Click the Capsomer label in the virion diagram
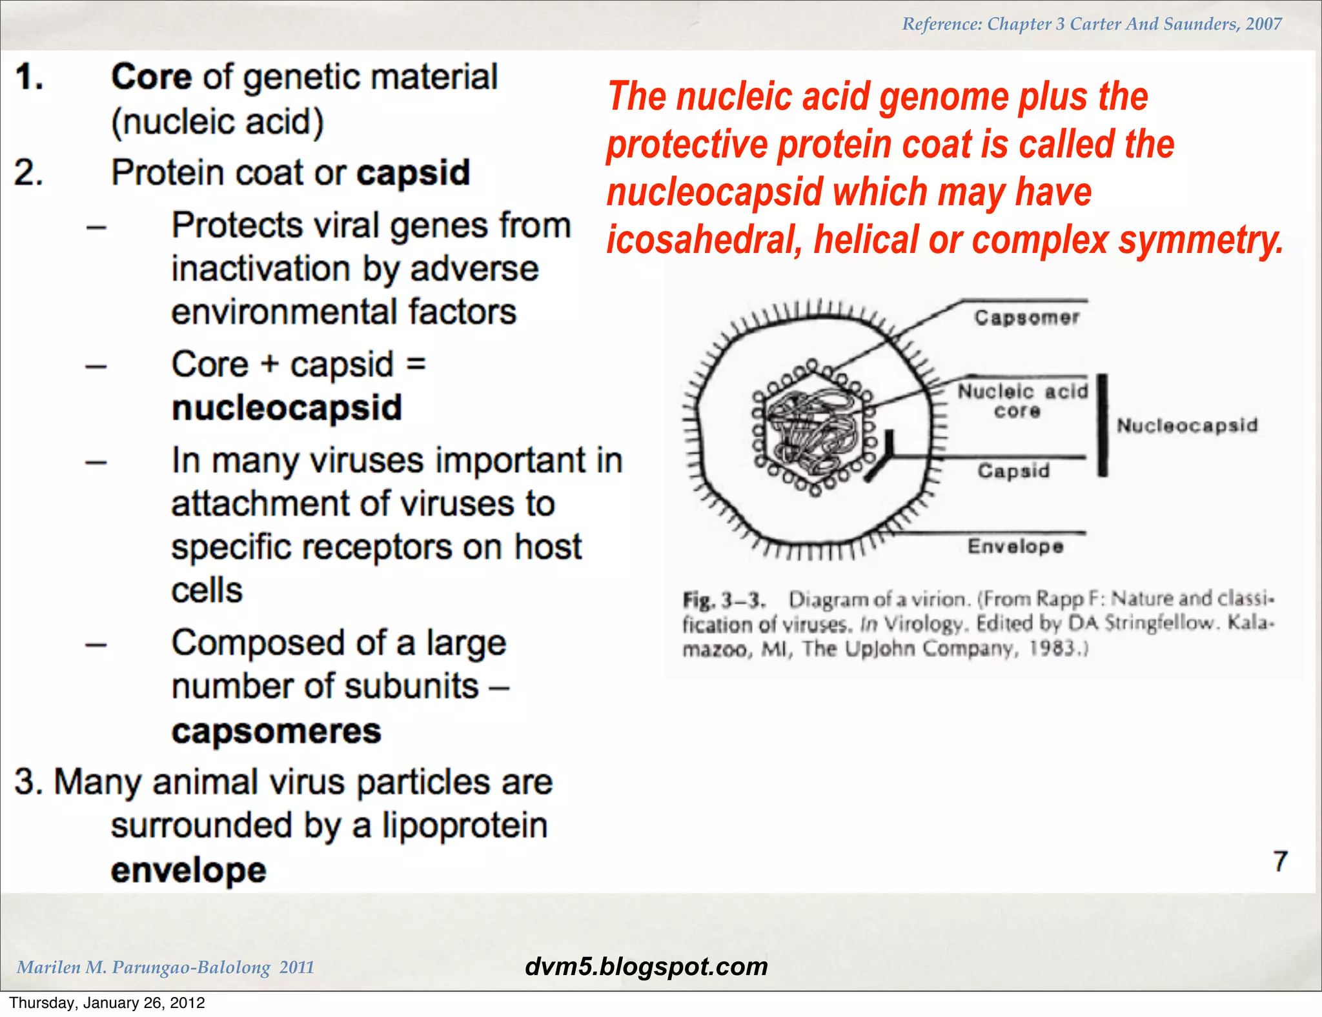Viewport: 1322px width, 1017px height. pos(1026,317)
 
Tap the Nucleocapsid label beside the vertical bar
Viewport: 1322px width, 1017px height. pos(1187,425)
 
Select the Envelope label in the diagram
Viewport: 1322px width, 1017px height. pos(1015,547)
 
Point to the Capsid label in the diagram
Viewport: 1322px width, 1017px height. pos(1013,471)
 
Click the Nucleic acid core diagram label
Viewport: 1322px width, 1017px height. pos(1022,401)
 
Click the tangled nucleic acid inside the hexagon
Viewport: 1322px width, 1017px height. pos(813,429)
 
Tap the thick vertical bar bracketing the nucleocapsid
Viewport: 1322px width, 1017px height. pos(1103,425)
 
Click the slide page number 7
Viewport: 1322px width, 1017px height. pos(1280,861)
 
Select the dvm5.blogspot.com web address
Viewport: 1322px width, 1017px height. pos(646,967)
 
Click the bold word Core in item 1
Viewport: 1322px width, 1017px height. pos(151,77)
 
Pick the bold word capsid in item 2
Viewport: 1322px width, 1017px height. pos(413,173)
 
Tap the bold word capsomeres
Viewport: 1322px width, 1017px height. pos(276,731)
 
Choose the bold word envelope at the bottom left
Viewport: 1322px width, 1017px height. pos(188,870)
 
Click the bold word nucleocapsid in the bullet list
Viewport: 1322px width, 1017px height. pos(287,408)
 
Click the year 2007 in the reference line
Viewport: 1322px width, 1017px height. pos(1263,24)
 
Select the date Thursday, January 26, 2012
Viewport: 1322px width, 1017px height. pos(107,1003)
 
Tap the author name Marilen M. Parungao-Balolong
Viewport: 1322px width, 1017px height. pos(143,967)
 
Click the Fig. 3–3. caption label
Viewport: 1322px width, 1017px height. pos(723,600)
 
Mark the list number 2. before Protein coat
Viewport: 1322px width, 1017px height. pos(29,173)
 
